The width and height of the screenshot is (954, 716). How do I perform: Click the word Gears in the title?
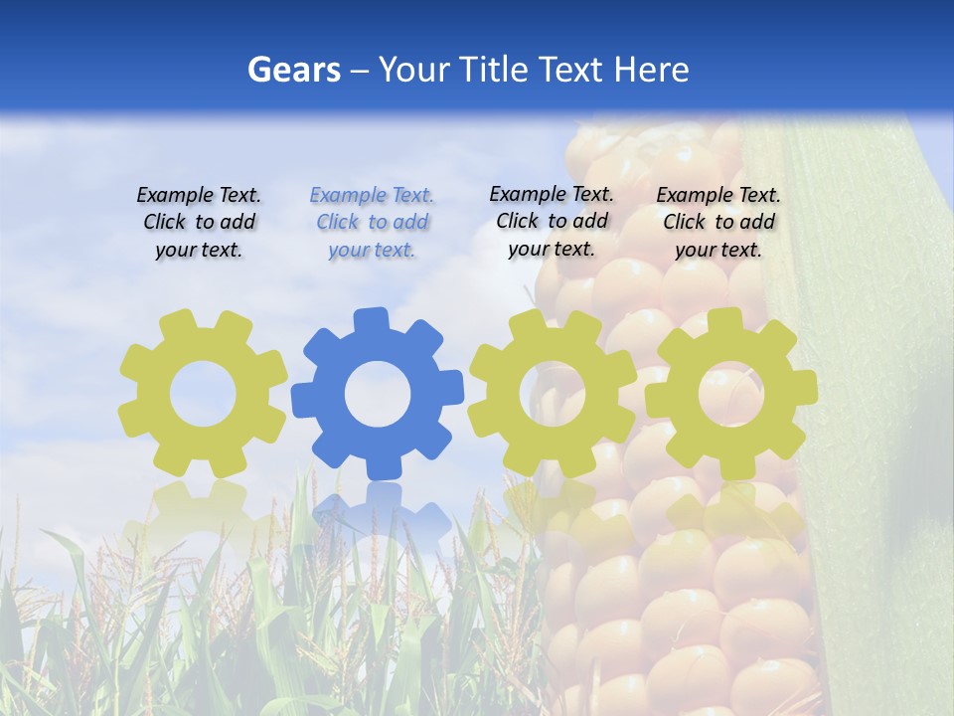pyautogui.click(x=293, y=70)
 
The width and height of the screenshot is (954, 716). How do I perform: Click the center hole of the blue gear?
pyautogui.click(x=377, y=394)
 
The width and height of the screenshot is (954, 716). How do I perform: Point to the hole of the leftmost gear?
pyautogui.click(x=203, y=395)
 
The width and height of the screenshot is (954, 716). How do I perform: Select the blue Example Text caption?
pyautogui.click(x=372, y=222)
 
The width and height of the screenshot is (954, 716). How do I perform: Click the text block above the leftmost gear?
pyautogui.click(x=199, y=222)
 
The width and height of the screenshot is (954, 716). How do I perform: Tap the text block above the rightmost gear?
pyautogui.click(x=718, y=222)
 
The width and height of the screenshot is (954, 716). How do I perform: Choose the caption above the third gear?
pyautogui.click(x=552, y=221)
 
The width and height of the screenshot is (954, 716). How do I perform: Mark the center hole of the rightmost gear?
pyautogui.click(x=730, y=394)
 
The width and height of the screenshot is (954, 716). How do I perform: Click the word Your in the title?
pyautogui.click(x=415, y=70)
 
